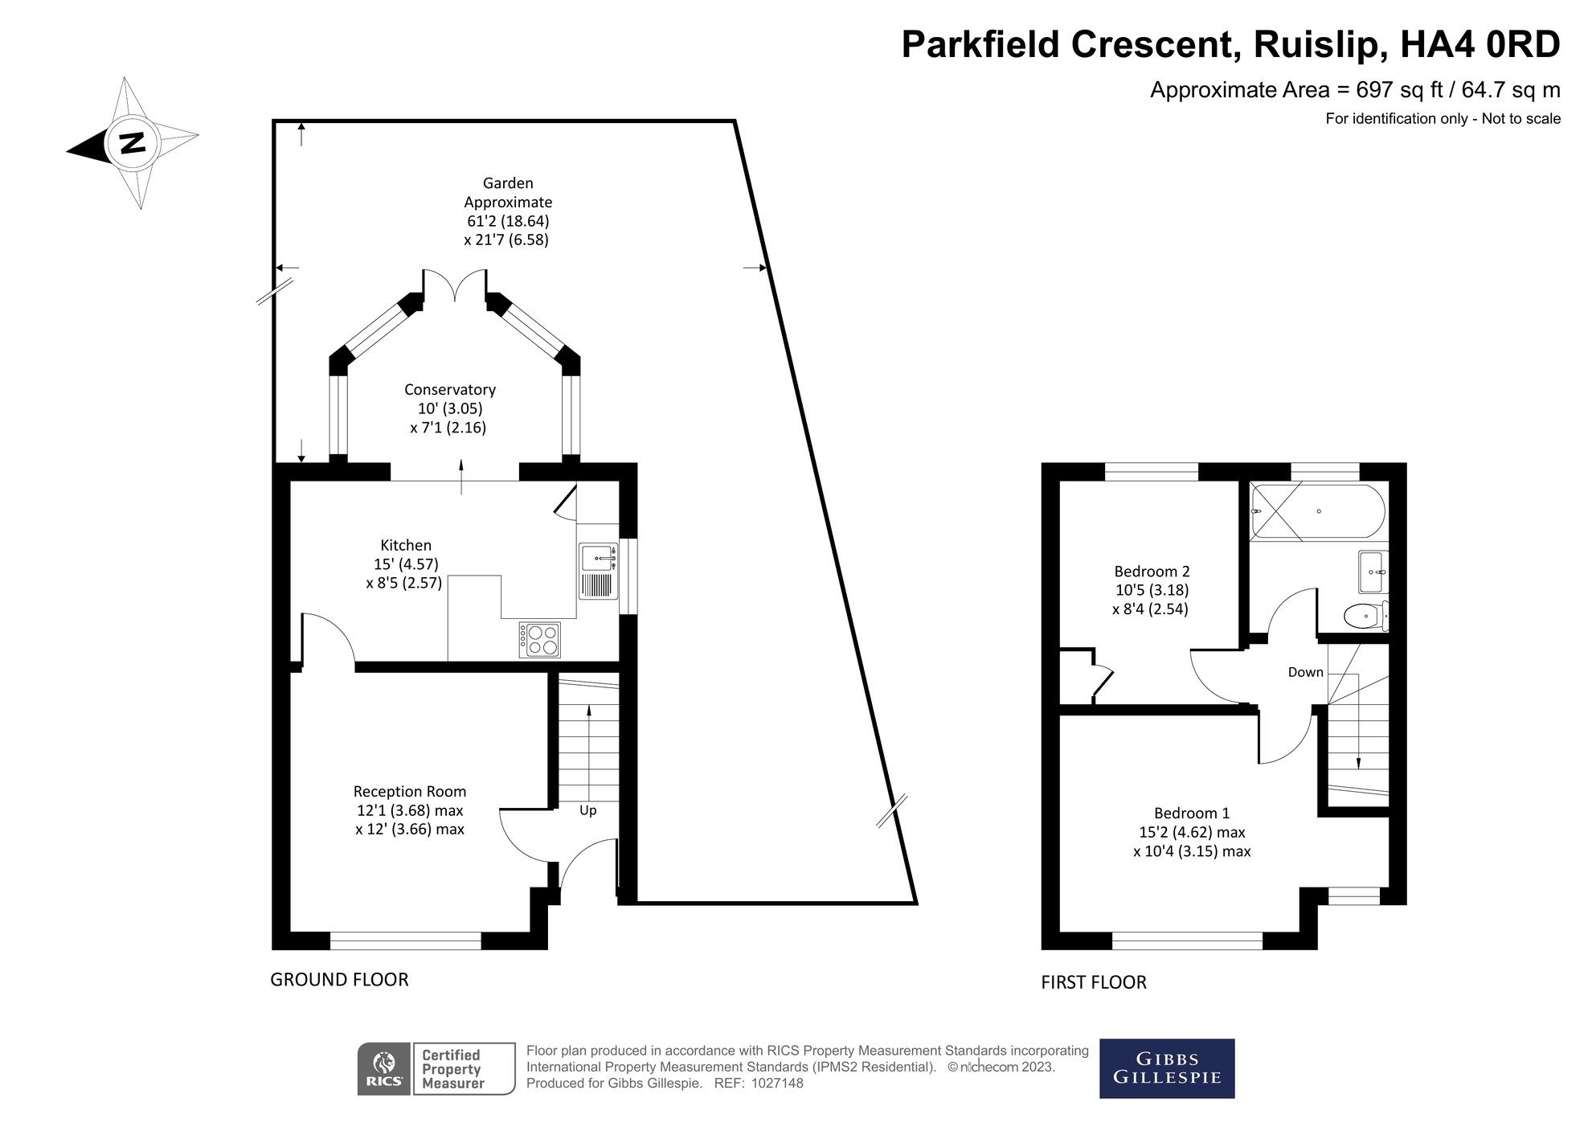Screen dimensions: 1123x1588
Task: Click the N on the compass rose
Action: click(131, 143)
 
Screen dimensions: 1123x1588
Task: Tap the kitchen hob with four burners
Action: click(540, 640)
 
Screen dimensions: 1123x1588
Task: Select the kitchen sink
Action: click(597, 555)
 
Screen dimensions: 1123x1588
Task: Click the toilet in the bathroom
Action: click(1364, 617)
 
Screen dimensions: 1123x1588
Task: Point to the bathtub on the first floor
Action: click(1317, 511)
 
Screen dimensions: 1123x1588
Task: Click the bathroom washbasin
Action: click(1373, 572)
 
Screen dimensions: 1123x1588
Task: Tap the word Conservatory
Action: click(449, 390)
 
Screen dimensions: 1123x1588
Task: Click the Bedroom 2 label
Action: click(1151, 572)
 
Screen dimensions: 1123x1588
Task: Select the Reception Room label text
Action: click(409, 792)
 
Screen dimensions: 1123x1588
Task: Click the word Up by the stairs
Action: click(587, 810)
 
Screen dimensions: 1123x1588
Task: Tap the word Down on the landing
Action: click(1305, 672)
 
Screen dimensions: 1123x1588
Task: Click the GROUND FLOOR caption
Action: click(339, 979)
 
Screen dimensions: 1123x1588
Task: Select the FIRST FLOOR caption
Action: click(1093, 982)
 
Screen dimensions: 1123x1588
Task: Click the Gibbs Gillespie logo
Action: click(1166, 1068)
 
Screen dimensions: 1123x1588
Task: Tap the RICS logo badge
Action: click(384, 1068)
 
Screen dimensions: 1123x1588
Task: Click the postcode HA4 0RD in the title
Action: click(1480, 44)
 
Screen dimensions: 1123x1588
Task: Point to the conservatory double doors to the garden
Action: click(455, 285)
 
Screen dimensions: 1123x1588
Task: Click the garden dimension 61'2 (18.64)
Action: click(508, 221)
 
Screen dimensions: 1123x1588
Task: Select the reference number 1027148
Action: click(776, 1084)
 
